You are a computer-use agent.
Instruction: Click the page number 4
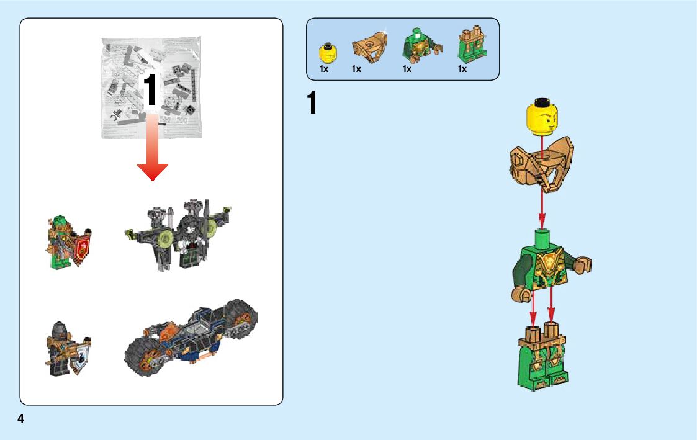tap(21, 419)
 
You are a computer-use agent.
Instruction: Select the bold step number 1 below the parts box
tap(312, 104)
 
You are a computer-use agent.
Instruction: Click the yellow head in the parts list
tap(327, 53)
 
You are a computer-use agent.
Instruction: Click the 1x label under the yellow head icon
tap(324, 70)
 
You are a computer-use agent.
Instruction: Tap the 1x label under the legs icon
tap(462, 70)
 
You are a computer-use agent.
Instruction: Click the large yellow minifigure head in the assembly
tap(542, 119)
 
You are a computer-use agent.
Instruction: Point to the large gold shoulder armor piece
tap(541, 163)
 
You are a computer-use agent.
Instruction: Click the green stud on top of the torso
tap(542, 235)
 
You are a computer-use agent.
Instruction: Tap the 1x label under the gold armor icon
tap(356, 70)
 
